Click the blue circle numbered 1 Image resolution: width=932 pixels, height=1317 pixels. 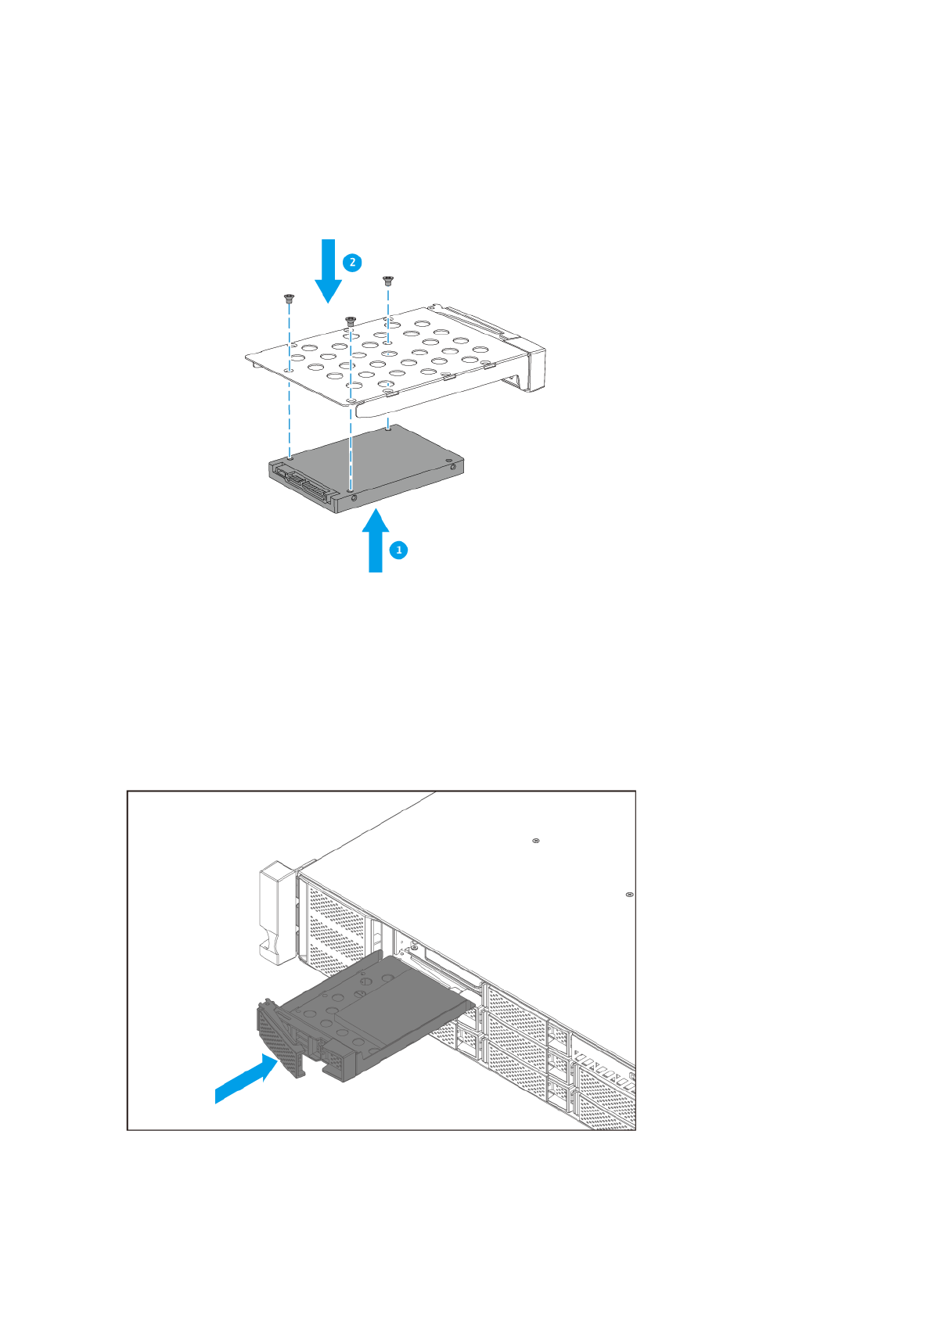pos(399,550)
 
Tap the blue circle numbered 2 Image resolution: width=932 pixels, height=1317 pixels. pos(352,262)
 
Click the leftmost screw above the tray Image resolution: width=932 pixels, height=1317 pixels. pos(289,297)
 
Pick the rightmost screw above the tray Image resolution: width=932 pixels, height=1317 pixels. pos(387,279)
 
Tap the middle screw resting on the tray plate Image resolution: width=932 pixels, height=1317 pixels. pos(350,320)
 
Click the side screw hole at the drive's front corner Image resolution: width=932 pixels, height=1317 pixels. pos(354,497)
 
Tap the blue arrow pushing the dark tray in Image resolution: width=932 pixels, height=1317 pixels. pos(246,1079)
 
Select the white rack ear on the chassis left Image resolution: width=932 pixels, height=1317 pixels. pos(276,911)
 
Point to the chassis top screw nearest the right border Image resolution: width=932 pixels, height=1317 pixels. pos(630,894)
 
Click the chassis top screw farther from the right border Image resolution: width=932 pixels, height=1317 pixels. pos(535,841)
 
